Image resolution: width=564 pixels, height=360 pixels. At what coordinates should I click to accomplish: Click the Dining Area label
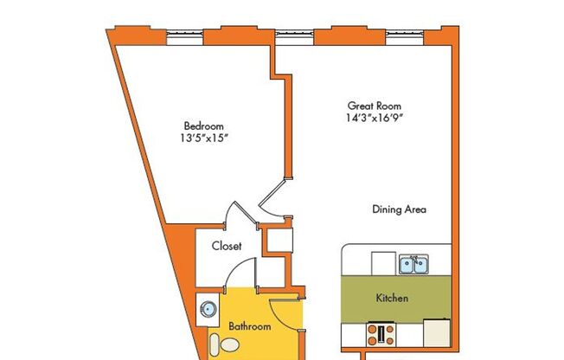399,209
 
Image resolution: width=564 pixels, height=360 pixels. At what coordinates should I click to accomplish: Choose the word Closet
227,246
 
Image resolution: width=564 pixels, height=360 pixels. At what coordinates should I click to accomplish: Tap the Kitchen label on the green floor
392,299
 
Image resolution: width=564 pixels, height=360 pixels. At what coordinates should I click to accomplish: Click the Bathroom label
250,326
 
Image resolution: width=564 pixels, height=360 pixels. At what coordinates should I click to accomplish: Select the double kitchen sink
413,263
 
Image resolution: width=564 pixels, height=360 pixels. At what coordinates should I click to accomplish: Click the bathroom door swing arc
285,312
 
